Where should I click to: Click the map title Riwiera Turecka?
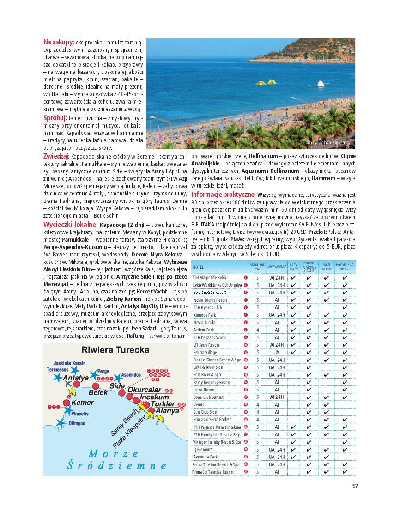click(115, 350)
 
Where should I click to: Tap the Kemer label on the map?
click(83, 402)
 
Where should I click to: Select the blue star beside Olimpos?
click(60, 422)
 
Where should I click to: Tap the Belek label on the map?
click(98, 392)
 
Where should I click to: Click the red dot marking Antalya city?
click(76, 384)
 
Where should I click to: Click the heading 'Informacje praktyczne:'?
click(224, 195)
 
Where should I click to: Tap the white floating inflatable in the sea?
click(320, 84)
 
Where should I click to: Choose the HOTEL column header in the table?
click(198, 267)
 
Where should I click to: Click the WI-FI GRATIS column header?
click(327, 267)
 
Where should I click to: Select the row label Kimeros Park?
click(204, 315)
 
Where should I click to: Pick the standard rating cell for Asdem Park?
click(257, 330)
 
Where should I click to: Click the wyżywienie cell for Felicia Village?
click(277, 352)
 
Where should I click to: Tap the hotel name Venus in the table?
click(199, 404)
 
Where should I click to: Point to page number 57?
click(355, 485)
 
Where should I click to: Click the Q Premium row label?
click(203, 449)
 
